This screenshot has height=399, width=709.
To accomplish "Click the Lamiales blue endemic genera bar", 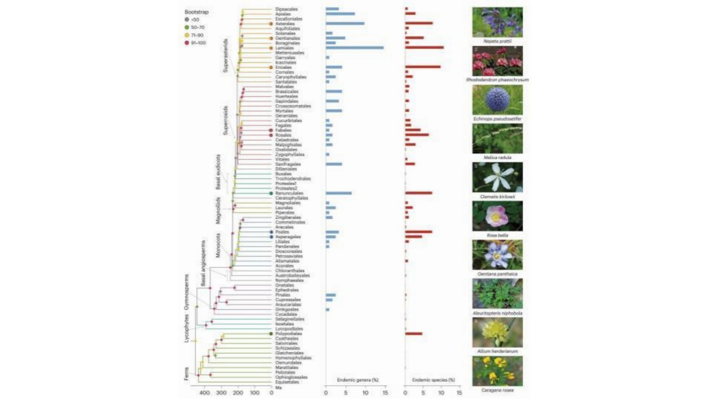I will [x=354, y=48].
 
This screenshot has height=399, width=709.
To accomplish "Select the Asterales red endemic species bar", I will [x=419, y=23].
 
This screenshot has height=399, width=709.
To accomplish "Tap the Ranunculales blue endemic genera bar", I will [x=339, y=193].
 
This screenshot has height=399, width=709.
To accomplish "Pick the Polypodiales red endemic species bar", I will [x=414, y=334].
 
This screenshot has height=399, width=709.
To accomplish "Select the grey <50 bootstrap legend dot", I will [x=187, y=20].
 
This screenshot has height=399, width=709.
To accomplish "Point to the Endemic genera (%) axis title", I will [x=358, y=379].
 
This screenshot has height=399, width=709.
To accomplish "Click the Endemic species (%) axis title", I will [x=433, y=379].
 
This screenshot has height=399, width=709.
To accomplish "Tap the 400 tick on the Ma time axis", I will [x=204, y=393].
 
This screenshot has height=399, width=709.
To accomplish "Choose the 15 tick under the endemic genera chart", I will [x=385, y=393].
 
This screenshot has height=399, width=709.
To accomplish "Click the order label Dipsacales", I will [x=286, y=9].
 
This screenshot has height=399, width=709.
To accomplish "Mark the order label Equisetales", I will [x=287, y=382].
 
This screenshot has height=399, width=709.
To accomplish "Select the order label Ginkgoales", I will [x=287, y=310].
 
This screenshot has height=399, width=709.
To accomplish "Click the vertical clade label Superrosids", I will [x=225, y=120].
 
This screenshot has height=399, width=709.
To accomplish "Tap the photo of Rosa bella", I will [x=497, y=216].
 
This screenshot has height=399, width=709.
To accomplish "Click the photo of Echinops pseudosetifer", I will [x=497, y=100].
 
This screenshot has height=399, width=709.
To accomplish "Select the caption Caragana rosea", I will [x=497, y=390].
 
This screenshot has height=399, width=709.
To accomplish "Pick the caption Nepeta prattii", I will [x=497, y=41].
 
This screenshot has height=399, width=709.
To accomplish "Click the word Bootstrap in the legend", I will [x=196, y=12].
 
